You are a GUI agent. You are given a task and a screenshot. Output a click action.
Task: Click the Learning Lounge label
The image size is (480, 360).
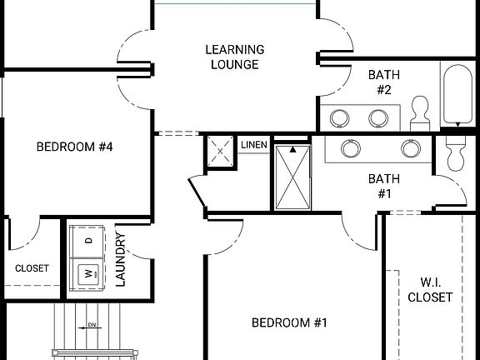(x=234, y=57)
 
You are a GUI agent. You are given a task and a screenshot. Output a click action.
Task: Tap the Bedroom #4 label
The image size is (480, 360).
(x=74, y=147)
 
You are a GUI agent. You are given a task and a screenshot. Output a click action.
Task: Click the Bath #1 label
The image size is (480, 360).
(x=384, y=186)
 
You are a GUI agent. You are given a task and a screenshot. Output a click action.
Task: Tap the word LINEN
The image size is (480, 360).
(x=254, y=145)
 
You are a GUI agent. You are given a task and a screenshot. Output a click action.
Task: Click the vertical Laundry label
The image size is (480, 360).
(x=120, y=259)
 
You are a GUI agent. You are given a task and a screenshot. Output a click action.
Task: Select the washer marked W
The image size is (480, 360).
(x=87, y=272)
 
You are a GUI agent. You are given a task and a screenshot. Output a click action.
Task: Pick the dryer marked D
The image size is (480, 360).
(x=87, y=242)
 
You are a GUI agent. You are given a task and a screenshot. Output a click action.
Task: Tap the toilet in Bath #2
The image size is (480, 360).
(x=421, y=110)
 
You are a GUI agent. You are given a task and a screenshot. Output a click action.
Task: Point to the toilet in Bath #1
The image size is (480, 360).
(x=455, y=152)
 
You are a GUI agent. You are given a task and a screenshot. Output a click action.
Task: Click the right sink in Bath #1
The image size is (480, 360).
(x=409, y=148)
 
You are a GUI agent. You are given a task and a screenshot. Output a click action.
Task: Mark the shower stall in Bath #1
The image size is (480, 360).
(x=293, y=175)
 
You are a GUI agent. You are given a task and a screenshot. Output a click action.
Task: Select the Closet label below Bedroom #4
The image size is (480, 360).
(x=32, y=268)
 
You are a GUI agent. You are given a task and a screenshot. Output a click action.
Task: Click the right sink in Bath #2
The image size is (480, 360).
(x=380, y=116)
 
